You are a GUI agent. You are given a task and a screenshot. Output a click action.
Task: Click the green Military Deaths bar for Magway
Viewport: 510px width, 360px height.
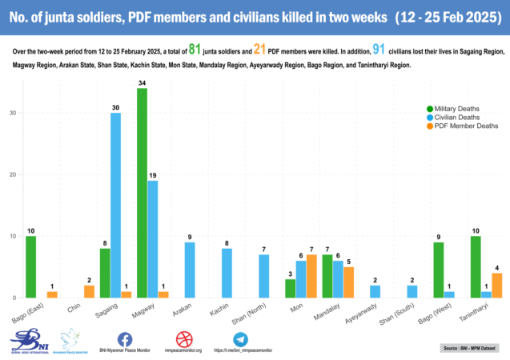click(x=142, y=193)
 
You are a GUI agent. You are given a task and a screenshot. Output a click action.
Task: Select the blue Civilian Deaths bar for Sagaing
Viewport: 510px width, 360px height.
click(x=115, y=205)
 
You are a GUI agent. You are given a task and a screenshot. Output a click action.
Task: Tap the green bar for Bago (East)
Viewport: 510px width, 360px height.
click(x=31, y=267)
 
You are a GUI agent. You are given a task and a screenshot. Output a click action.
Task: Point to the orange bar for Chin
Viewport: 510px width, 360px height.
click(x=89, y=292)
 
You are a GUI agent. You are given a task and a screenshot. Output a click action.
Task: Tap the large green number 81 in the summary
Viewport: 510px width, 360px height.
click(x=199, y=50)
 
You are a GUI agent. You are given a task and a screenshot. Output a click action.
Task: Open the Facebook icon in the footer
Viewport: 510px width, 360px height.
click(x=125, y=339)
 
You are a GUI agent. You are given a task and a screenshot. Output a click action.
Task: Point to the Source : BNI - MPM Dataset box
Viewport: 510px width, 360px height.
click(x=470, y=348)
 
